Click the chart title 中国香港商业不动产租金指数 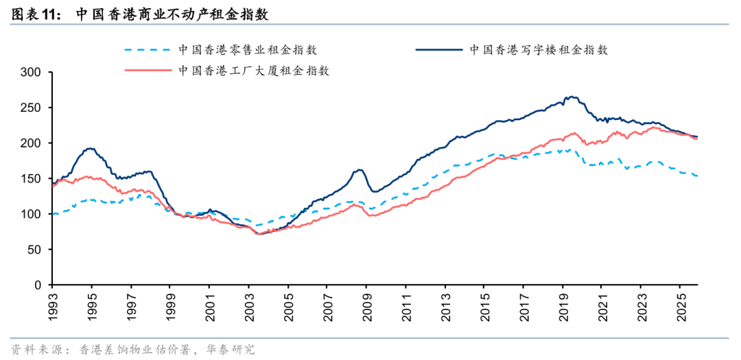tap(172, 14)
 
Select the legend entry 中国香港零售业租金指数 tap(248, 50)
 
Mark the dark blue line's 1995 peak tap(90, 148)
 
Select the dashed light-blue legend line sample tap(147, 50)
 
